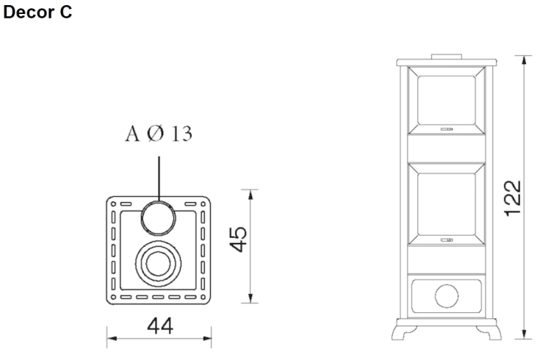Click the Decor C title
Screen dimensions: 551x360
(x=37, y=12)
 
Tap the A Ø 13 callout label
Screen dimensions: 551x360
(x=159, y=134)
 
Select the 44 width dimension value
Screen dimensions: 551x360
(x=160, y=325)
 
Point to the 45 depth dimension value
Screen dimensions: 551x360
(x=238, y=240)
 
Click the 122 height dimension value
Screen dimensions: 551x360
(x=512, y=198)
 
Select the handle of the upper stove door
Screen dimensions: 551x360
(x=447, y=129)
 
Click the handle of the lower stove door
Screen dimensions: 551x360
(x=447, y=240)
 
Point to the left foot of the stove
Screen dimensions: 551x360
(x=404, y=332)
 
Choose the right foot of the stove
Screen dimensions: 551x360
(x=489, y=332)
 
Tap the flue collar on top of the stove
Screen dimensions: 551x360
(x=446, y=57)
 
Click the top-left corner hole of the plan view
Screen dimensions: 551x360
(x=113, y=204)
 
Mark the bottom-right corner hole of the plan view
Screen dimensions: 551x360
(x=203, y=297)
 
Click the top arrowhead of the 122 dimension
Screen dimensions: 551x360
(x=524, y=60)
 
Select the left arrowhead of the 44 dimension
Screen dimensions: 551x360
(x=112, y=339)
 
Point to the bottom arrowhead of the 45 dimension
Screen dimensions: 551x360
(x=251, y=298)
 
